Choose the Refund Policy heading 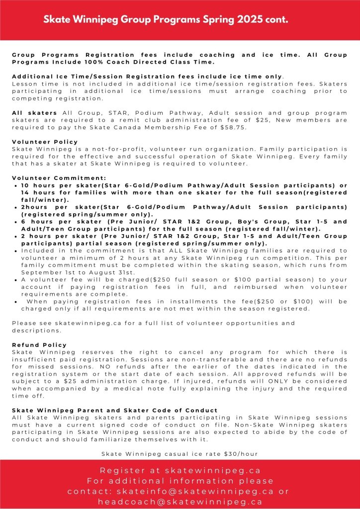(39, 345)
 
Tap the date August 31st (117, 272)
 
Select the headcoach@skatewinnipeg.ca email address (180, 502)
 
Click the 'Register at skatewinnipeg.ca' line (180, 470)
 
